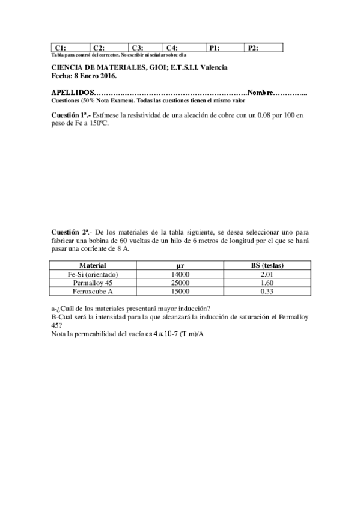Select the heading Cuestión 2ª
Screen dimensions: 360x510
point(72,231)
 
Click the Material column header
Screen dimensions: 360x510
point(93,265)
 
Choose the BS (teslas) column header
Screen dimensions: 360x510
point(267,265)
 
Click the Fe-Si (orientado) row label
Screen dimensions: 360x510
point(93,274)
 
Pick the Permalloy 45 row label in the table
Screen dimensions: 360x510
point(93,283)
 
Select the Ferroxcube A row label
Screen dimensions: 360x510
point(93,292)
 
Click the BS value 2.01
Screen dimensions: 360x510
point(267,274)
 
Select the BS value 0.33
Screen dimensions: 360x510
point(267,292)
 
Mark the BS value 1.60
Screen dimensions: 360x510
point(267,283)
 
